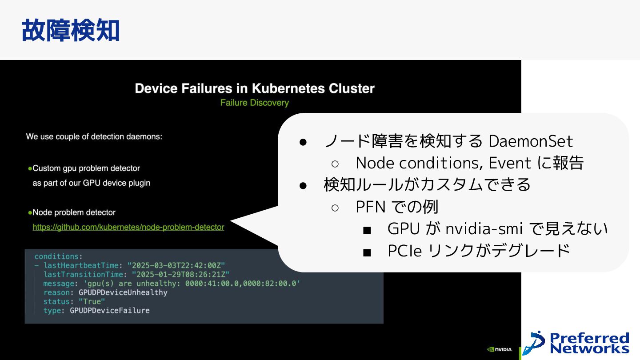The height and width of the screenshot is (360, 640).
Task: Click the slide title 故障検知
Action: tap(70, 31)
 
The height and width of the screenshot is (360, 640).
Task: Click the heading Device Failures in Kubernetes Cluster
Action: tap(255, 88)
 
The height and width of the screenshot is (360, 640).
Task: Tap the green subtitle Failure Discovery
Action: tap(255, 103)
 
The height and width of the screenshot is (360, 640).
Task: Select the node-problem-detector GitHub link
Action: tap(128, 227)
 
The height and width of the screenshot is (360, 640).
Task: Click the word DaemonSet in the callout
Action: tap(531, 141)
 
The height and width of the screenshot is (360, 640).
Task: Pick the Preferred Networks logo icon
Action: tap(533, 343)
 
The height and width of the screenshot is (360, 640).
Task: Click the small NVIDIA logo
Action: tap(500, 349)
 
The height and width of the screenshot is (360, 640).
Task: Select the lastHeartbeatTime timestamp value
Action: tap(176, 265)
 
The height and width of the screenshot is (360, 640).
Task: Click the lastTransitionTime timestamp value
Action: tap(180, 275)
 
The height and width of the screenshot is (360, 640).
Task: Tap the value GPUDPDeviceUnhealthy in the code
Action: tap(123, 292)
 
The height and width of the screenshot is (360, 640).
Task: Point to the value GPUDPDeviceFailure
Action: tap(110, 311)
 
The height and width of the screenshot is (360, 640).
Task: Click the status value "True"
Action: tap(92, 302)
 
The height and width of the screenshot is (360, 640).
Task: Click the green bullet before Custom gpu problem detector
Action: tap(30, 168)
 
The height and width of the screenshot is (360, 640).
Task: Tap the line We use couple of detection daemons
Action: tap(94, 136)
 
